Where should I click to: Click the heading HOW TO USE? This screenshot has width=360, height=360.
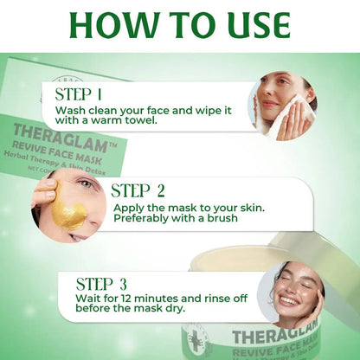pos(179,26)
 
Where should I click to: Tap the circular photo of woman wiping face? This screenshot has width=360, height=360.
pos(284,106)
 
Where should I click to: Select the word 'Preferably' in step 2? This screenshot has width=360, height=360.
pos(143,218)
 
